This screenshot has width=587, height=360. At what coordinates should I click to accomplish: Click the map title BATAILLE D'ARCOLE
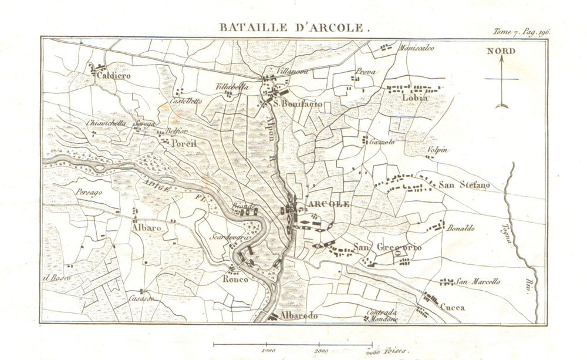coord(294,26)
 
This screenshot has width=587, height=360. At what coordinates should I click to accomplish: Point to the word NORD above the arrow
coord(501,51)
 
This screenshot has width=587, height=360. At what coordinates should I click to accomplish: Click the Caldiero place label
coord(114,76)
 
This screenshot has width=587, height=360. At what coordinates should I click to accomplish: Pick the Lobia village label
coord(414,99)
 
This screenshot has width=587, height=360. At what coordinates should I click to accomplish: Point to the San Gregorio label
coord(387,248)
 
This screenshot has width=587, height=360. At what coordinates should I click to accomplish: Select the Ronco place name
coord(235,280)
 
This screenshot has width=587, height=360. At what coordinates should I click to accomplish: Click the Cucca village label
coord(452,306)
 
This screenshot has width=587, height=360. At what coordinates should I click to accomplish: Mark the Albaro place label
coord(147,227)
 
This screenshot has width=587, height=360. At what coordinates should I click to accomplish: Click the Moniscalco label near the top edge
coord(417,48)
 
